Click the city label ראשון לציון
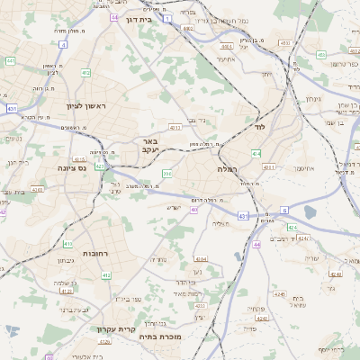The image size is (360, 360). [x=86, y=106]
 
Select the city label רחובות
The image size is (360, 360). [x=96, y=254]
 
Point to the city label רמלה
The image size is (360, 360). [x=226, y=168]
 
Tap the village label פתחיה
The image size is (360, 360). [x=254, y=309]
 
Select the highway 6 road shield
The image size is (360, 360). [x=284, y=209]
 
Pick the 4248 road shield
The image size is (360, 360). [x=280, y=293]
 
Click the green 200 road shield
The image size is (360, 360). [x=166, y=173]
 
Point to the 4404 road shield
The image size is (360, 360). [x=201, y=258]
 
